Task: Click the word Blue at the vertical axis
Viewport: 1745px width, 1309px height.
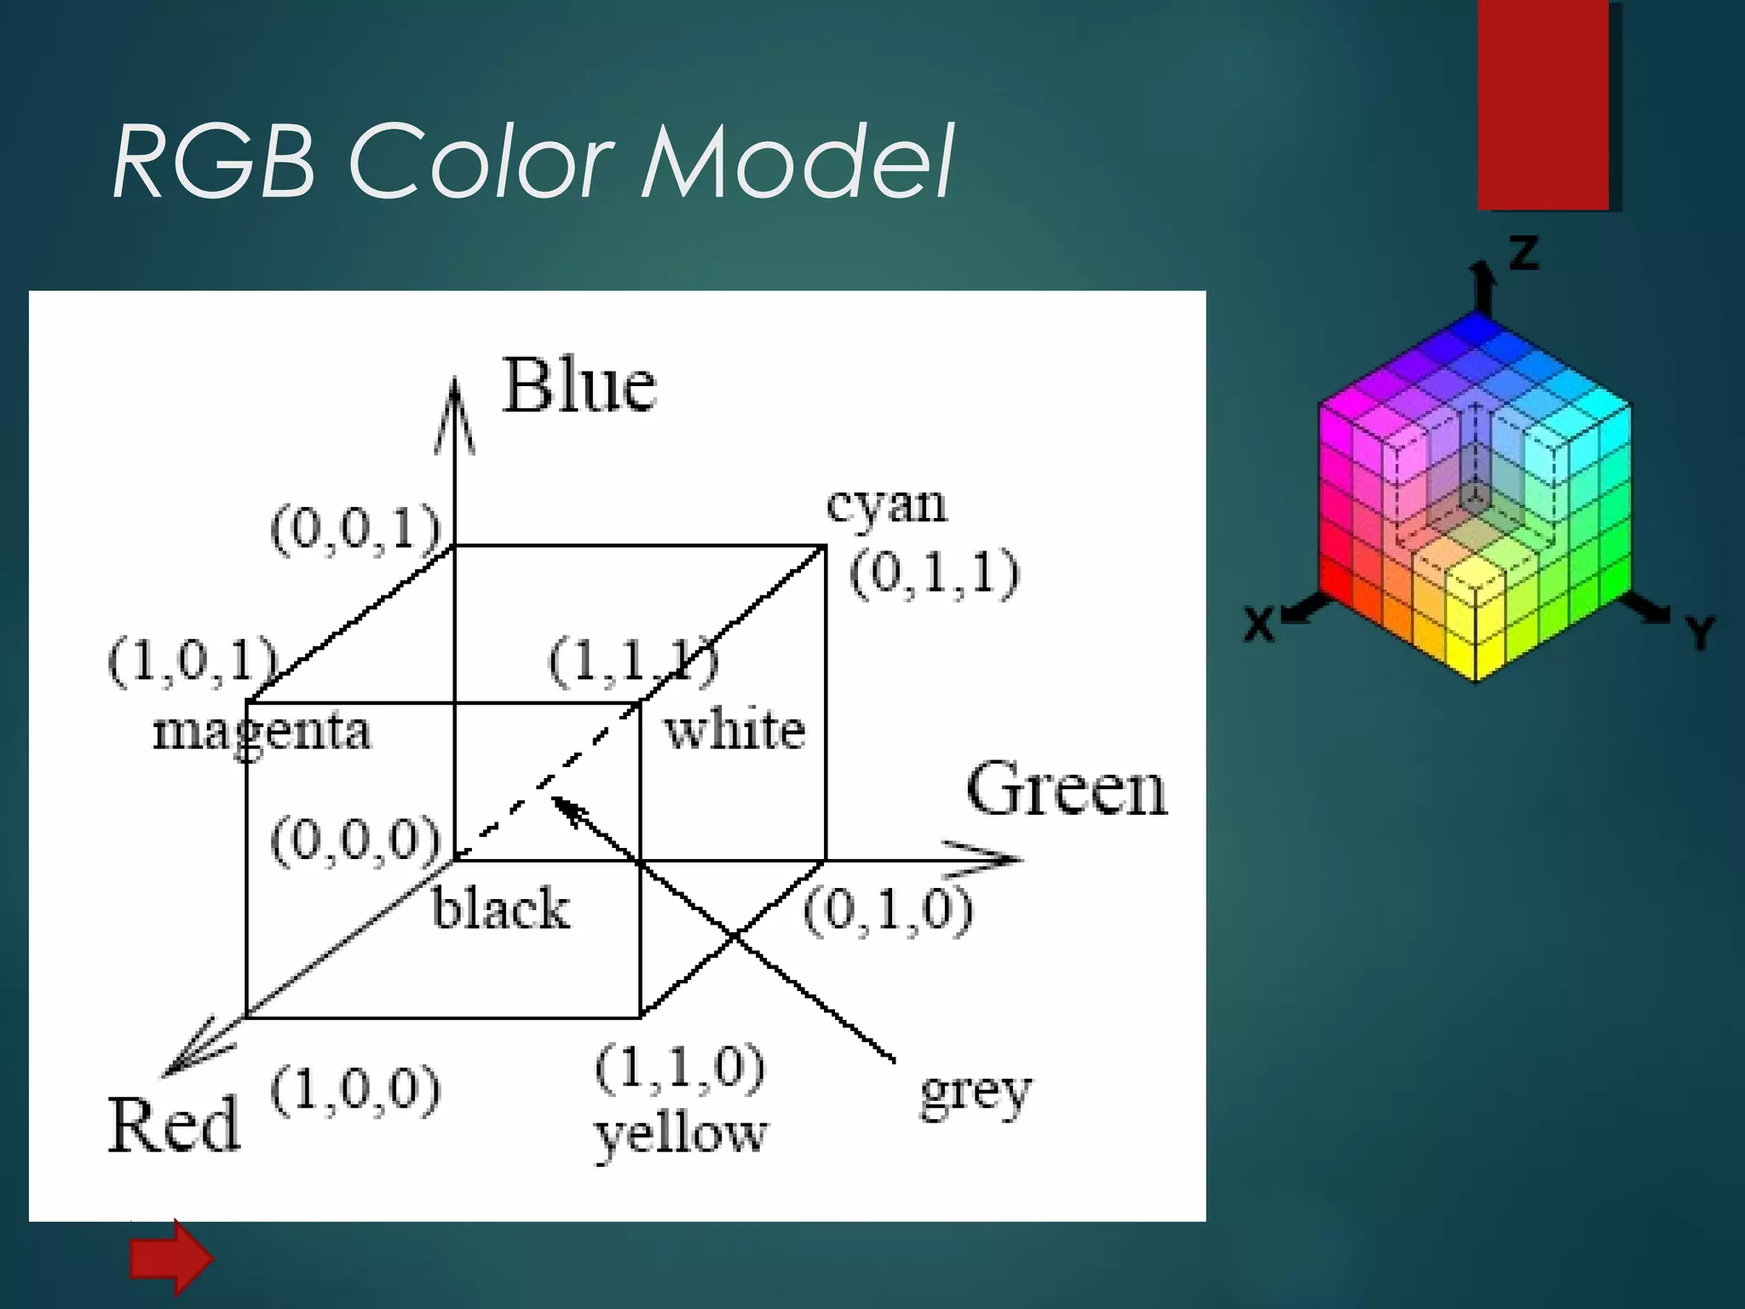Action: coord(579,385)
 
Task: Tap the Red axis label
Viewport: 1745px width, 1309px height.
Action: coord(174,1125)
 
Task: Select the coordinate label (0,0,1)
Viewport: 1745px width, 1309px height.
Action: coord(355,529)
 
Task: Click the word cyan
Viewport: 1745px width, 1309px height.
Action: coord(886,505)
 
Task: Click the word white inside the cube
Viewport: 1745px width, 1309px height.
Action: coord(734,731)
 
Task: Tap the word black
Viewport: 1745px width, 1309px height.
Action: coord(501,908)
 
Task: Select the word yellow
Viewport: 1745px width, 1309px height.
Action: coord(681,1135)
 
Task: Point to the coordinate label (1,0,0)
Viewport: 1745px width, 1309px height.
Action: coord(355,1089)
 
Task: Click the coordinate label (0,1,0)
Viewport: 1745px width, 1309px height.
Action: coord(888,910)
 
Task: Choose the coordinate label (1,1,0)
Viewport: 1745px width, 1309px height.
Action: coord(680,1067)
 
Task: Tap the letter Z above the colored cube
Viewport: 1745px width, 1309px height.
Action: coord(1524,253)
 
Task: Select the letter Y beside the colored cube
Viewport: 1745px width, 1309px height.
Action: coord(1700,632)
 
